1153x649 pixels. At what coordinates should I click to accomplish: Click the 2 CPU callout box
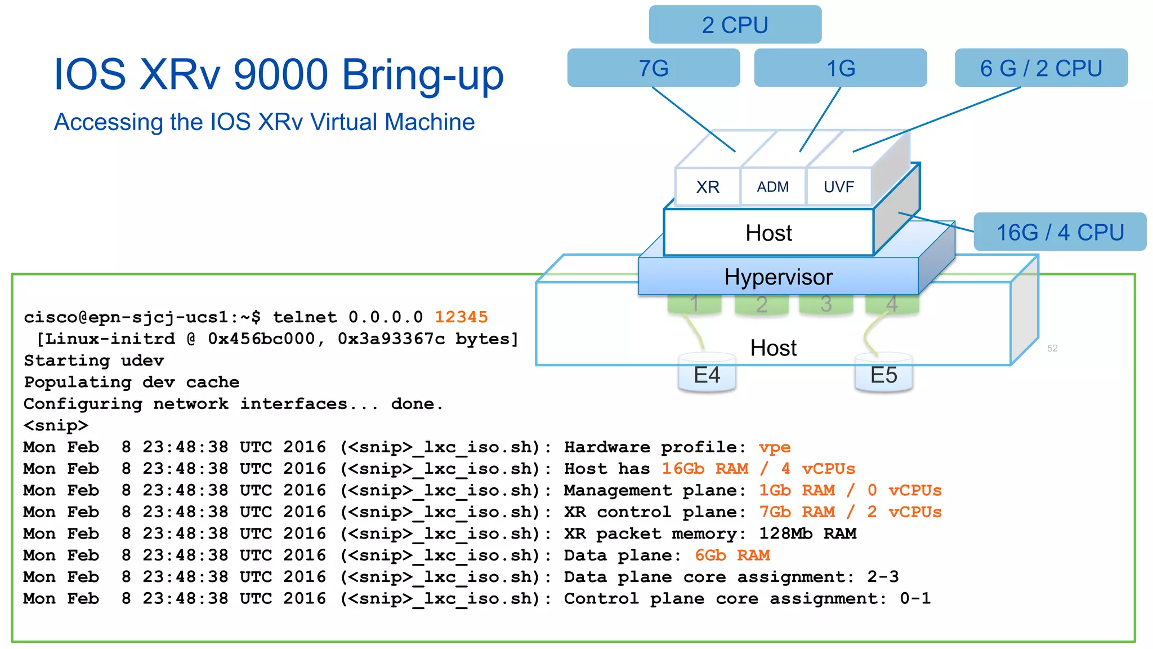coord(735,25)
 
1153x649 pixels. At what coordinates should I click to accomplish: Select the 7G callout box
coord(653,68)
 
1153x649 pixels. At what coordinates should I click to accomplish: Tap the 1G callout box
coord(840,68)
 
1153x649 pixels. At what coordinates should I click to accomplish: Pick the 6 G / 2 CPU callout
coord(1041,68)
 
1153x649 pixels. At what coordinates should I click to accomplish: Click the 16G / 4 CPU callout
coord(1060,232)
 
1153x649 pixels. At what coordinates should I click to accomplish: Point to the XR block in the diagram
coord(708,187)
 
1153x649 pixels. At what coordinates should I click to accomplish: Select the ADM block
coord(772,187)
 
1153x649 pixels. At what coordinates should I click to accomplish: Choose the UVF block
coord(838,187)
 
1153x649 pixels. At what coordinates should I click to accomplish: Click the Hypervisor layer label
coord(778,277)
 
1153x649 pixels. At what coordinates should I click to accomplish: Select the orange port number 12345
coord(461,317)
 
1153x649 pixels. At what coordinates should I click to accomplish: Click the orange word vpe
coord(774,447)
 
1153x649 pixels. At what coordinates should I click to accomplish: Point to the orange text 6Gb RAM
coord(732,555)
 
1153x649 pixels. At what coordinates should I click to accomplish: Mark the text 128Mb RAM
coord(807,534)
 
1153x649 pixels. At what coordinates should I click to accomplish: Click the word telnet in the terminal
coord(305,317)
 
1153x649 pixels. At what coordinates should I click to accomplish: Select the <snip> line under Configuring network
coord(56,425)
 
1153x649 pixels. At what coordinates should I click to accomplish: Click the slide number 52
coord(1052,348)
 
